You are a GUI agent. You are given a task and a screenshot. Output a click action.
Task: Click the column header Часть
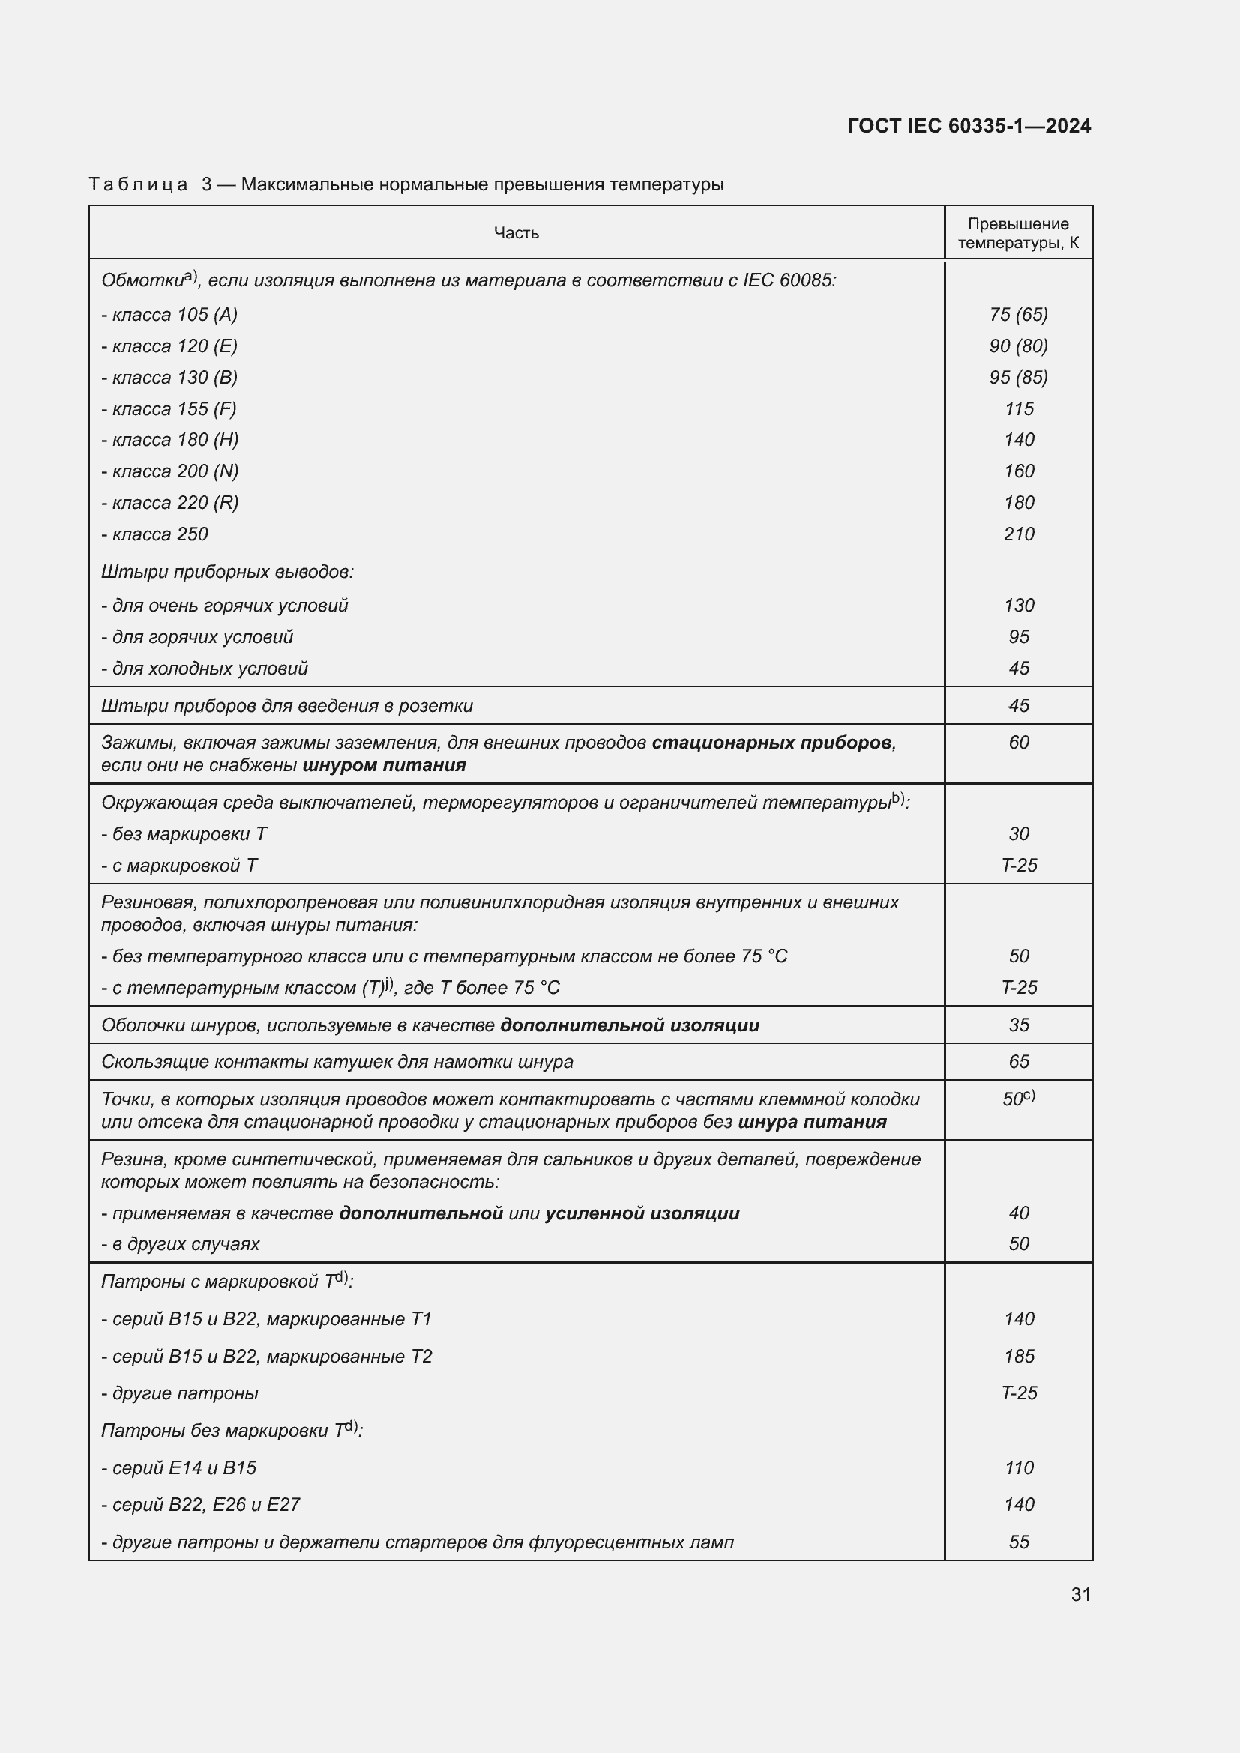pyautogui.click(x=516, y=233)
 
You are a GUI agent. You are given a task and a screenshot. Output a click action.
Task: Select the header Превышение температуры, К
pyautogui.click(x=1018, y=234)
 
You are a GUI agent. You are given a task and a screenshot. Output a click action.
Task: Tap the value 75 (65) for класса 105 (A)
pyautogui.click(x=1018, y=315)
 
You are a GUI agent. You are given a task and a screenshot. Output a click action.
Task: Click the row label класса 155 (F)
pyautogui.click(x=169, y=409)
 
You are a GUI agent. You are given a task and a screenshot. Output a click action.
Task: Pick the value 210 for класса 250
pyautogui.click(x=1019, y=534)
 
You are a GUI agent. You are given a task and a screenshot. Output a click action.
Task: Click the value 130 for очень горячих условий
pyautogui.click(x=1019, y=606)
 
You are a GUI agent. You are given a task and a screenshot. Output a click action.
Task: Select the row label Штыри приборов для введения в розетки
pyautogui.click(x=286, y=706)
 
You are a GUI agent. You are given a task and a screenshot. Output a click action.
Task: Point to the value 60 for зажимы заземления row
pyautogui.click(x=1019, y=742)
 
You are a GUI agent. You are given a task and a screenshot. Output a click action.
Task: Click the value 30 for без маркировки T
pyautogui.click(x=1019, y=833)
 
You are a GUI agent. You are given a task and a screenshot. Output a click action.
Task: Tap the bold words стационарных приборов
pyautogui.click(x=771, y=743)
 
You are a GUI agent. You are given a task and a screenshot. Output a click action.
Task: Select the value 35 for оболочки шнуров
pyautogui.click(x=1019, y=1025)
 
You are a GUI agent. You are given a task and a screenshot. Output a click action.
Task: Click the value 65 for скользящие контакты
pyautogui.click(x=1019, y=1061)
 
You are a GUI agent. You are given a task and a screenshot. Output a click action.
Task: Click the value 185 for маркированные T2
pyautogui.click(x=1019, y=1356)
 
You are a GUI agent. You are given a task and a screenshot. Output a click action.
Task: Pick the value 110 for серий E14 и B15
pyautogui.click(x=1019, y=1467)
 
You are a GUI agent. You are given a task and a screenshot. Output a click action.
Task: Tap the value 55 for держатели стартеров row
pyautogui.click(x=1019, y=1542)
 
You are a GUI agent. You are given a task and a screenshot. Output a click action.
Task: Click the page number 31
pyautogui.click(x=1080, y=1594)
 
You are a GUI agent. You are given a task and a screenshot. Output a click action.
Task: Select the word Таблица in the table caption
pyautogui.click(x=138, y=185)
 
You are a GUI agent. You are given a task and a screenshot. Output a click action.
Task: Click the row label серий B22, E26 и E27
pyautogui.click(x=200, y=1504)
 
